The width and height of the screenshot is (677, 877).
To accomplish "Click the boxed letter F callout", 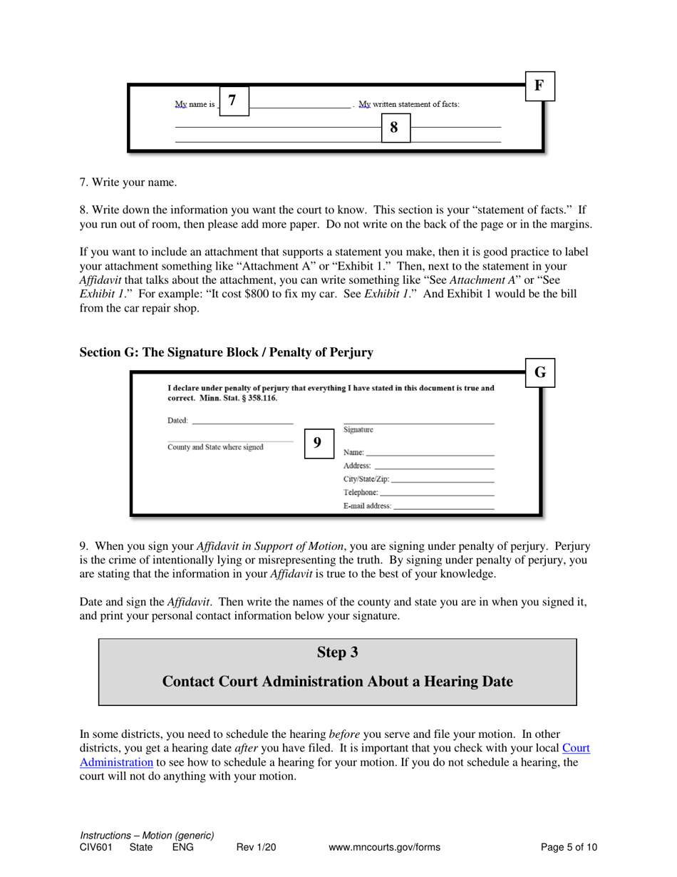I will point(539,86).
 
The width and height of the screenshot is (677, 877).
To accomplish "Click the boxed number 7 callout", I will point(234,101).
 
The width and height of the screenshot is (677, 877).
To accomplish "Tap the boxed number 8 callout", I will point(395,128).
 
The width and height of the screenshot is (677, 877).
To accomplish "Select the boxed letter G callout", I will point(539,372).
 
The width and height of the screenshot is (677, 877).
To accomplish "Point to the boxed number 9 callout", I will point(317,443).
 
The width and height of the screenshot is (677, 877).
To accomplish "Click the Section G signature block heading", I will point(226,352).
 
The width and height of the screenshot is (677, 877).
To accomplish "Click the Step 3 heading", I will point(337,652).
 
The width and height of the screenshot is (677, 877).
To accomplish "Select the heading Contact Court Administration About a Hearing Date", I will point(337,682).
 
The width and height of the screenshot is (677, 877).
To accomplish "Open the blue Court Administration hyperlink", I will point(576,748).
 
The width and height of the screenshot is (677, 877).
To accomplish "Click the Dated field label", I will point(177,421).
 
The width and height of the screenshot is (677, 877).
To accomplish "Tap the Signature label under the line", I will point(358,430).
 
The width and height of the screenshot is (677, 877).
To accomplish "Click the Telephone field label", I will point(361,493).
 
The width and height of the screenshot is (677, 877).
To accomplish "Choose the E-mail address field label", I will point(367,506).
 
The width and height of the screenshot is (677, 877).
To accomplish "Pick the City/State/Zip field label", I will point(366,479).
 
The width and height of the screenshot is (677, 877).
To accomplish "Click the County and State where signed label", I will point(215,448).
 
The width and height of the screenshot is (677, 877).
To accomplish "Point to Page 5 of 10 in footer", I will point(569,848).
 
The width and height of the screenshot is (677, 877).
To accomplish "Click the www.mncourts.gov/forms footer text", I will point(384,848).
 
